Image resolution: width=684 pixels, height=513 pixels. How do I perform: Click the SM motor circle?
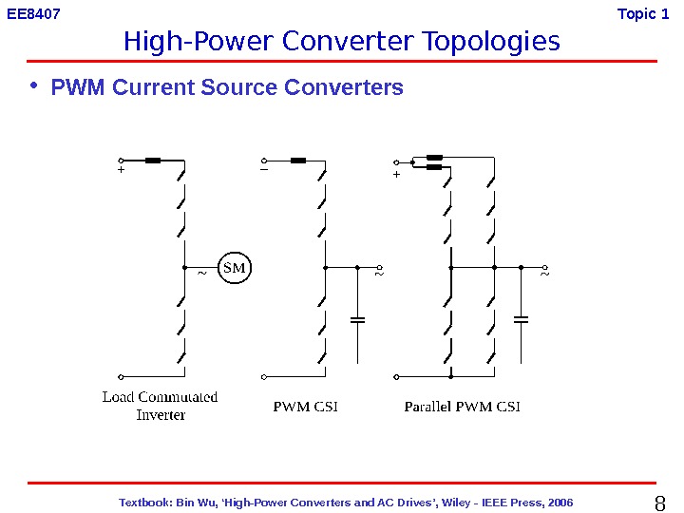(x=234, y=268)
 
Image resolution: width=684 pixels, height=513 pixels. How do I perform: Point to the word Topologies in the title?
(x=491, y=42)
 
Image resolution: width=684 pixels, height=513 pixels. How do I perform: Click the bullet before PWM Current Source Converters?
(x=34, y=86)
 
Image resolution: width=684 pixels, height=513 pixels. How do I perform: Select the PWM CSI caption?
(x=306, y=407)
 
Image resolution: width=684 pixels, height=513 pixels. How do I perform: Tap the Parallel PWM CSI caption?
(x=463, y=407)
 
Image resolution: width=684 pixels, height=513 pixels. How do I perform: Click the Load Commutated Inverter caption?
(x=160, y=406)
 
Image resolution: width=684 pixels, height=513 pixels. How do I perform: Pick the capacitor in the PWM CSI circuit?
(x=358, y=320)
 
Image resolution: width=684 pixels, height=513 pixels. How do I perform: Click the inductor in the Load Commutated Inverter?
(x=153, y=161)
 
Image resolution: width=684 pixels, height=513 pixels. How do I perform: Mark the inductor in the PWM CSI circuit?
(x=298, y=161)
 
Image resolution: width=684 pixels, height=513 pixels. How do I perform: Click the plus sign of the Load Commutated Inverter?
(x=122, y=173)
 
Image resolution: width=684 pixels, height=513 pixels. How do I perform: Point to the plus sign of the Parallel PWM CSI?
(x=396, y=175)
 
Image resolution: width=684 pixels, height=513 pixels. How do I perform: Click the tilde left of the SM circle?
(x=200, y=274)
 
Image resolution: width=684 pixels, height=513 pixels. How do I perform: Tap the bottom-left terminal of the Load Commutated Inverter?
(x=121, y=376)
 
